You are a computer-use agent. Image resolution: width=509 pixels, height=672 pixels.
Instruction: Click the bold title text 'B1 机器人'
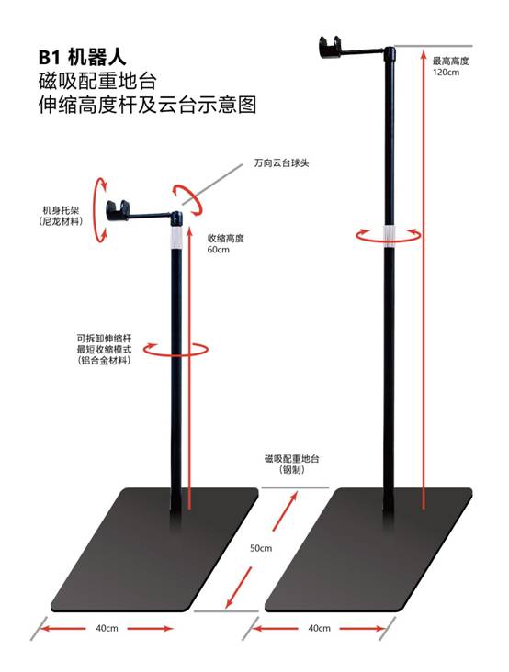(83, 58)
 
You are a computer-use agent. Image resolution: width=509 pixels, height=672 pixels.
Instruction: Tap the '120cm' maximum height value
(446, 72)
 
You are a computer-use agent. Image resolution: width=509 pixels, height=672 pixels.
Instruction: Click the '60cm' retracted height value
(219, 250)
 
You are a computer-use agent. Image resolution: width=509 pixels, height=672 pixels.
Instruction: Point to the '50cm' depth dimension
(261, 548)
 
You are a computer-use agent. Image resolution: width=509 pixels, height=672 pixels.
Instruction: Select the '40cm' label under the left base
(107, 628)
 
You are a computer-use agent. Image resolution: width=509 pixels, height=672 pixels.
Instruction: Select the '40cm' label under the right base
(320, 628)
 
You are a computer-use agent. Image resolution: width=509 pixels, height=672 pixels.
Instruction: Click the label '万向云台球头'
(281, 163)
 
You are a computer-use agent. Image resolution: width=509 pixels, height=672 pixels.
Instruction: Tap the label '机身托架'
(61, 210)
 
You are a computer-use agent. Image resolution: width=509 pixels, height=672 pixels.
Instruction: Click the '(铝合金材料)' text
(104, 361)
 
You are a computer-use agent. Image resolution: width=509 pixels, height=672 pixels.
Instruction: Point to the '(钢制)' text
(292, 470)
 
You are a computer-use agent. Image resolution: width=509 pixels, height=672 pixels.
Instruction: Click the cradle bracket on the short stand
(118, 210)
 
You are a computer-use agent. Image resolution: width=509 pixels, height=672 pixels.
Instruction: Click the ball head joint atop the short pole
(176, 218)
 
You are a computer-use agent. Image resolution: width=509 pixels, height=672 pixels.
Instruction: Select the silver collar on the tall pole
(389, 235)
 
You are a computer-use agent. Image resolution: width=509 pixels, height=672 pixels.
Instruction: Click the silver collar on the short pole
(176, 237)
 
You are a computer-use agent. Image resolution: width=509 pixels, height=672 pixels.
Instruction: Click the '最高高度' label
(451, 61)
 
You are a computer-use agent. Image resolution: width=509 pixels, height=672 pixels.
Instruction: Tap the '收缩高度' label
(225, 239)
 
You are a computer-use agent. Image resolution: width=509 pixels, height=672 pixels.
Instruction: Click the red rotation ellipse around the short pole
(175, 355)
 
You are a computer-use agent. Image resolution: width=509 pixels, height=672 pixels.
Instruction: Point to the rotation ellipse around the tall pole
(389, 241)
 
